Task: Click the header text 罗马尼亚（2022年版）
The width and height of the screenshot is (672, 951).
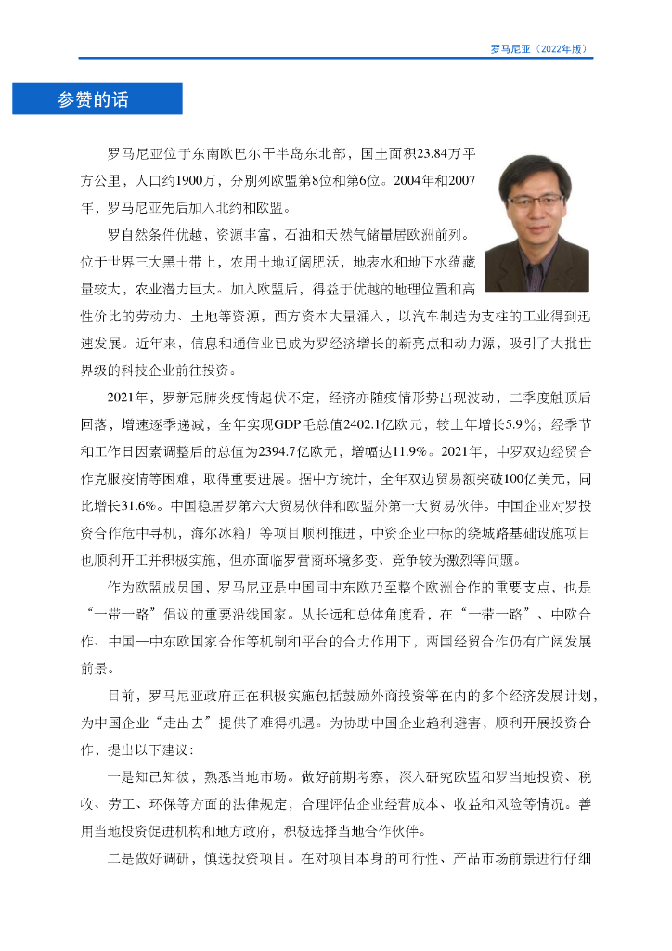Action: [x=541, y=49]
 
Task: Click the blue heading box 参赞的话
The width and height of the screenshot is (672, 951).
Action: [x=97, y=99]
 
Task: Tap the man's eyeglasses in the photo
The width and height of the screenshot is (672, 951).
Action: [x=535, y=200]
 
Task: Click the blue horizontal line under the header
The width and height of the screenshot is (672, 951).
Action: [x=335, y=59]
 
